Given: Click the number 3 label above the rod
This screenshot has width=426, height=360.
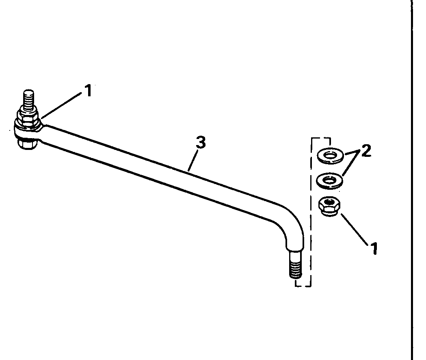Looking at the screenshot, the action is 200,143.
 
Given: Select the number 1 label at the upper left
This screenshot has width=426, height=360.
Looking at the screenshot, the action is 88,91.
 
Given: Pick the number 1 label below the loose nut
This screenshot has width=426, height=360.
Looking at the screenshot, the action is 374,248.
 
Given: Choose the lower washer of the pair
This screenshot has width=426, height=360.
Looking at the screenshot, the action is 329,180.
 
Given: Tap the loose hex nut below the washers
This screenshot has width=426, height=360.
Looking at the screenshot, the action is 329,206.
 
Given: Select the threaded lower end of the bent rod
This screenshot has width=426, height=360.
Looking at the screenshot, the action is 295,264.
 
